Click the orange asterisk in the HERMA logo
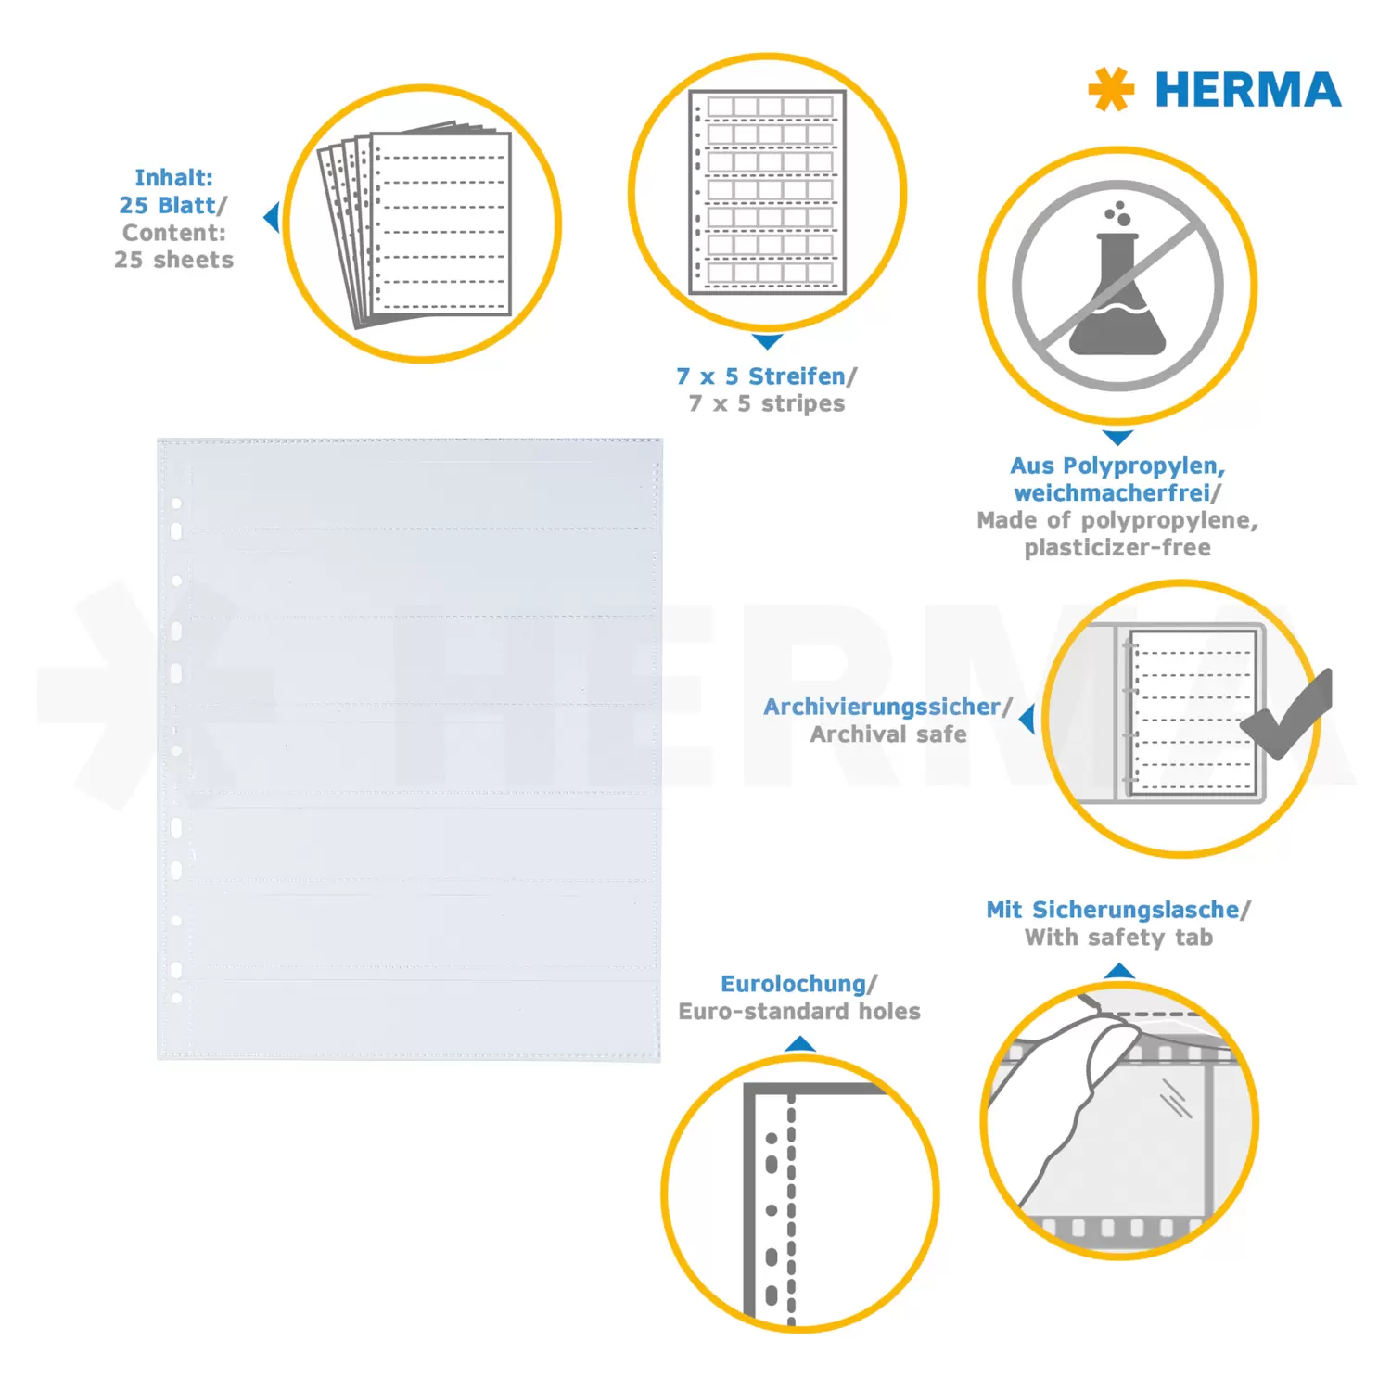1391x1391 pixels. (x=1111, y=89)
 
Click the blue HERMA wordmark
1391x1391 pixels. (x=1247, y=90)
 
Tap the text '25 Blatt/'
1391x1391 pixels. (x=172, y=205)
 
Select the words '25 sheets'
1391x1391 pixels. (x=173, y=260)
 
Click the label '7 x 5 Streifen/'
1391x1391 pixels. (x=767, y=376)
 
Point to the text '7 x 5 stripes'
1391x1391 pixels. (x=767, y=403)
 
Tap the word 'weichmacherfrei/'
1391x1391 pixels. (x=1117, y=492)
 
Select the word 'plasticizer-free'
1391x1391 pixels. (x=1117, y=547)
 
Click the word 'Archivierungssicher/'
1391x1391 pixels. (x=887, y=707)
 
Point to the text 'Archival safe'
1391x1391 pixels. (x=888, y=734)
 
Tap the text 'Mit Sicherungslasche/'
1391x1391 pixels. (x=1118, y=910)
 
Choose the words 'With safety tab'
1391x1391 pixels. (x=1118, y=938)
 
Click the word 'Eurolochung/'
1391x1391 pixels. (x=798, y=984)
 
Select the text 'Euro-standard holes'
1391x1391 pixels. (x=799, y=1011)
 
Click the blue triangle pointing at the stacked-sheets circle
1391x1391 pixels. (x=272, y=218)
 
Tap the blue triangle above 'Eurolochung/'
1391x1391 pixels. (x=799, y=1044)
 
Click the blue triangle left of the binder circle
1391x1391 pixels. (x=1027, y=719)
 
